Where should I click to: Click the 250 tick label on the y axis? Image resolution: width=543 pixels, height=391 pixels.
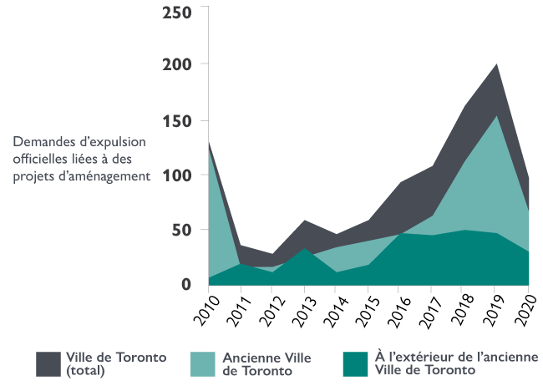pos(177,12)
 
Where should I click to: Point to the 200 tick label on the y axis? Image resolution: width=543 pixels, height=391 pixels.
pos(177,64)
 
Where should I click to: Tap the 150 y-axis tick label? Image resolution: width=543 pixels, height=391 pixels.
pos(177,120)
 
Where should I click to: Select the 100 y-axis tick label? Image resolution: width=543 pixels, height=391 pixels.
pos(177,175)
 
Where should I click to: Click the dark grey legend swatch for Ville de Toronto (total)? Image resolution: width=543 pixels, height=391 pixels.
pos(48,363)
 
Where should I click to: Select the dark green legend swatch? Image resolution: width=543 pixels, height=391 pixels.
pos(354,363)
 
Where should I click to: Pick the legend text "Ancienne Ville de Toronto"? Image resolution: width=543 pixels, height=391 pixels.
pos(266,363)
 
